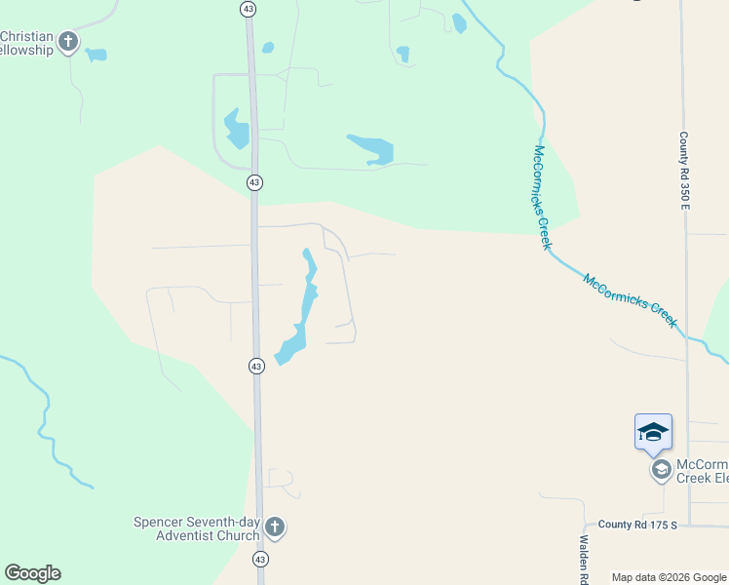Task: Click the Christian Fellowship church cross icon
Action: (x=68, y=41)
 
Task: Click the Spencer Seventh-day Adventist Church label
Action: (x=197, y=528)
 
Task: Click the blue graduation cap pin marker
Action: (x=652, y=433)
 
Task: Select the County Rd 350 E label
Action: (x=685, y=171)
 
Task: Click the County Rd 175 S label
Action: (x=637, y=525)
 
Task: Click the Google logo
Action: (x=32, y=573)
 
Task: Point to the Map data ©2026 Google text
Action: (x=669, y=577)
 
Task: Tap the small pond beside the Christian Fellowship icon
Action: (x=96, y=55)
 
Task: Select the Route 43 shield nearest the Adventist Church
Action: (x=259, y=559)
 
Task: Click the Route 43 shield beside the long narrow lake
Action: (x=255, y=366)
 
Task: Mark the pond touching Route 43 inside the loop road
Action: (x=237, y=130)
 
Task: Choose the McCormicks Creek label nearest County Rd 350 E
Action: (x=631, y=299)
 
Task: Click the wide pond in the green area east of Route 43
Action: (x=372, y=148)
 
